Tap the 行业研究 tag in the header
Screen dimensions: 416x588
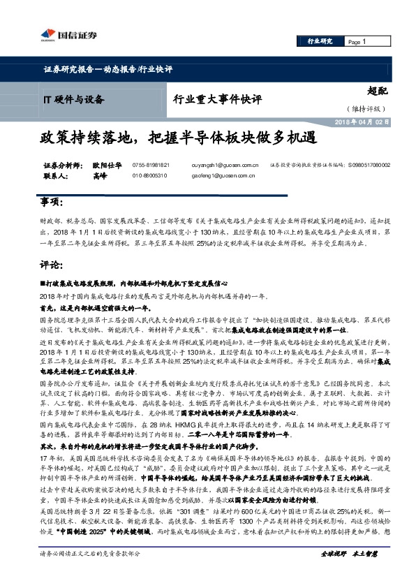coord(320,43)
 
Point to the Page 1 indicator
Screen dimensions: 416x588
coord(357,43)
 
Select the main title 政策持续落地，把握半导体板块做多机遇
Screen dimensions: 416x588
coord(179,137)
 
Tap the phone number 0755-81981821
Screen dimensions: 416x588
coord(149,166)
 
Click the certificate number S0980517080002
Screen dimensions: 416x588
coord(368,166)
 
